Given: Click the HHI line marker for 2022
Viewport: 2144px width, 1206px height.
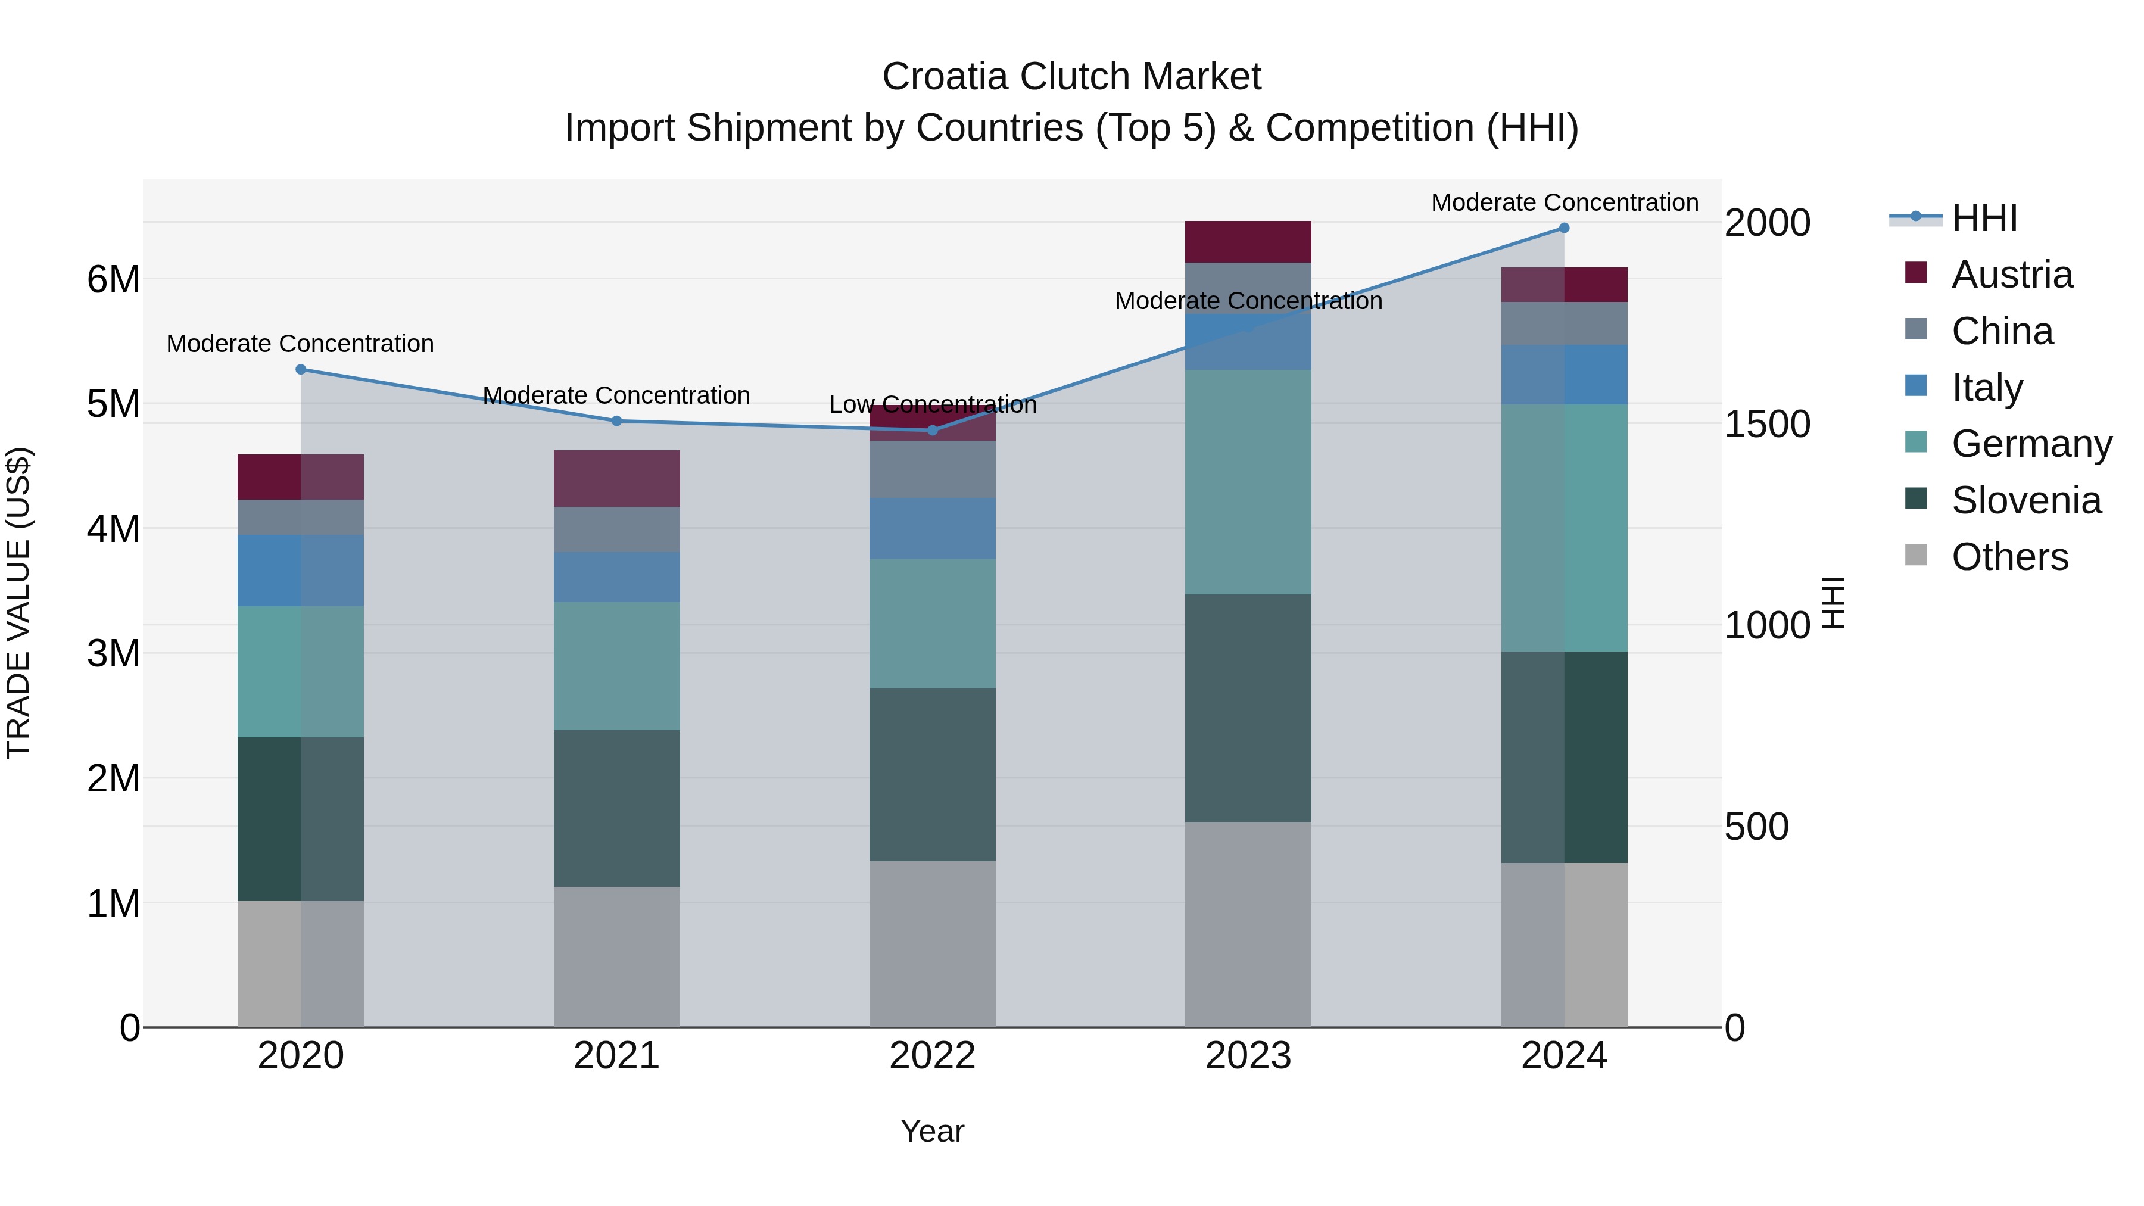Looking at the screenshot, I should (x=932, y=431).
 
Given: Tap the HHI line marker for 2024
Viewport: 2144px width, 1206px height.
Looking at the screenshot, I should (x=1564, y=228).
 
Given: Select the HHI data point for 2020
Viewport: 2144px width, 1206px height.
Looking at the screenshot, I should (x=301, y=369).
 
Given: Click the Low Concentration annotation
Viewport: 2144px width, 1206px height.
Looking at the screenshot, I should (x=932, y=404).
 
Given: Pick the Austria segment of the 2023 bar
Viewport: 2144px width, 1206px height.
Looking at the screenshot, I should (x=1248, y=242).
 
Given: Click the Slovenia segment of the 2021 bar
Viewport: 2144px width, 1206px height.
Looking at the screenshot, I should (x=617, y=808).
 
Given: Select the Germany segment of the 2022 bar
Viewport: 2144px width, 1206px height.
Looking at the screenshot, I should (x=932, y=624).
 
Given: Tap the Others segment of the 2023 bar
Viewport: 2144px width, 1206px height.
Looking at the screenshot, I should (x=1248, y=925).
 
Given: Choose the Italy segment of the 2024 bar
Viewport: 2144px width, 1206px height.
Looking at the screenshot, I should (x=1564, y=375).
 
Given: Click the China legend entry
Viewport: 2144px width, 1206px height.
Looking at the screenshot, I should (x=2002, y=331).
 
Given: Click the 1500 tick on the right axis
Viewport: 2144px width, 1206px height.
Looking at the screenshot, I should (x=1766, y=425).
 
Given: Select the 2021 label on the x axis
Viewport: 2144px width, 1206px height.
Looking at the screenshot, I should (x=617, y=1056).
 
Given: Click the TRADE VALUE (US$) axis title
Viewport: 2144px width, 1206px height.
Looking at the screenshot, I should (x=19, y=603).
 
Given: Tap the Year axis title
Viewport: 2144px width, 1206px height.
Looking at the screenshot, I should (x=932, y=1131).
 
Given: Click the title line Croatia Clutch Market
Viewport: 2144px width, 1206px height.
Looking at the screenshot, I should (x=1071, y=77).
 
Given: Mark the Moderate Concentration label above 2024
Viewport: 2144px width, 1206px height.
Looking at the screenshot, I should (x=1564, y=202).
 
